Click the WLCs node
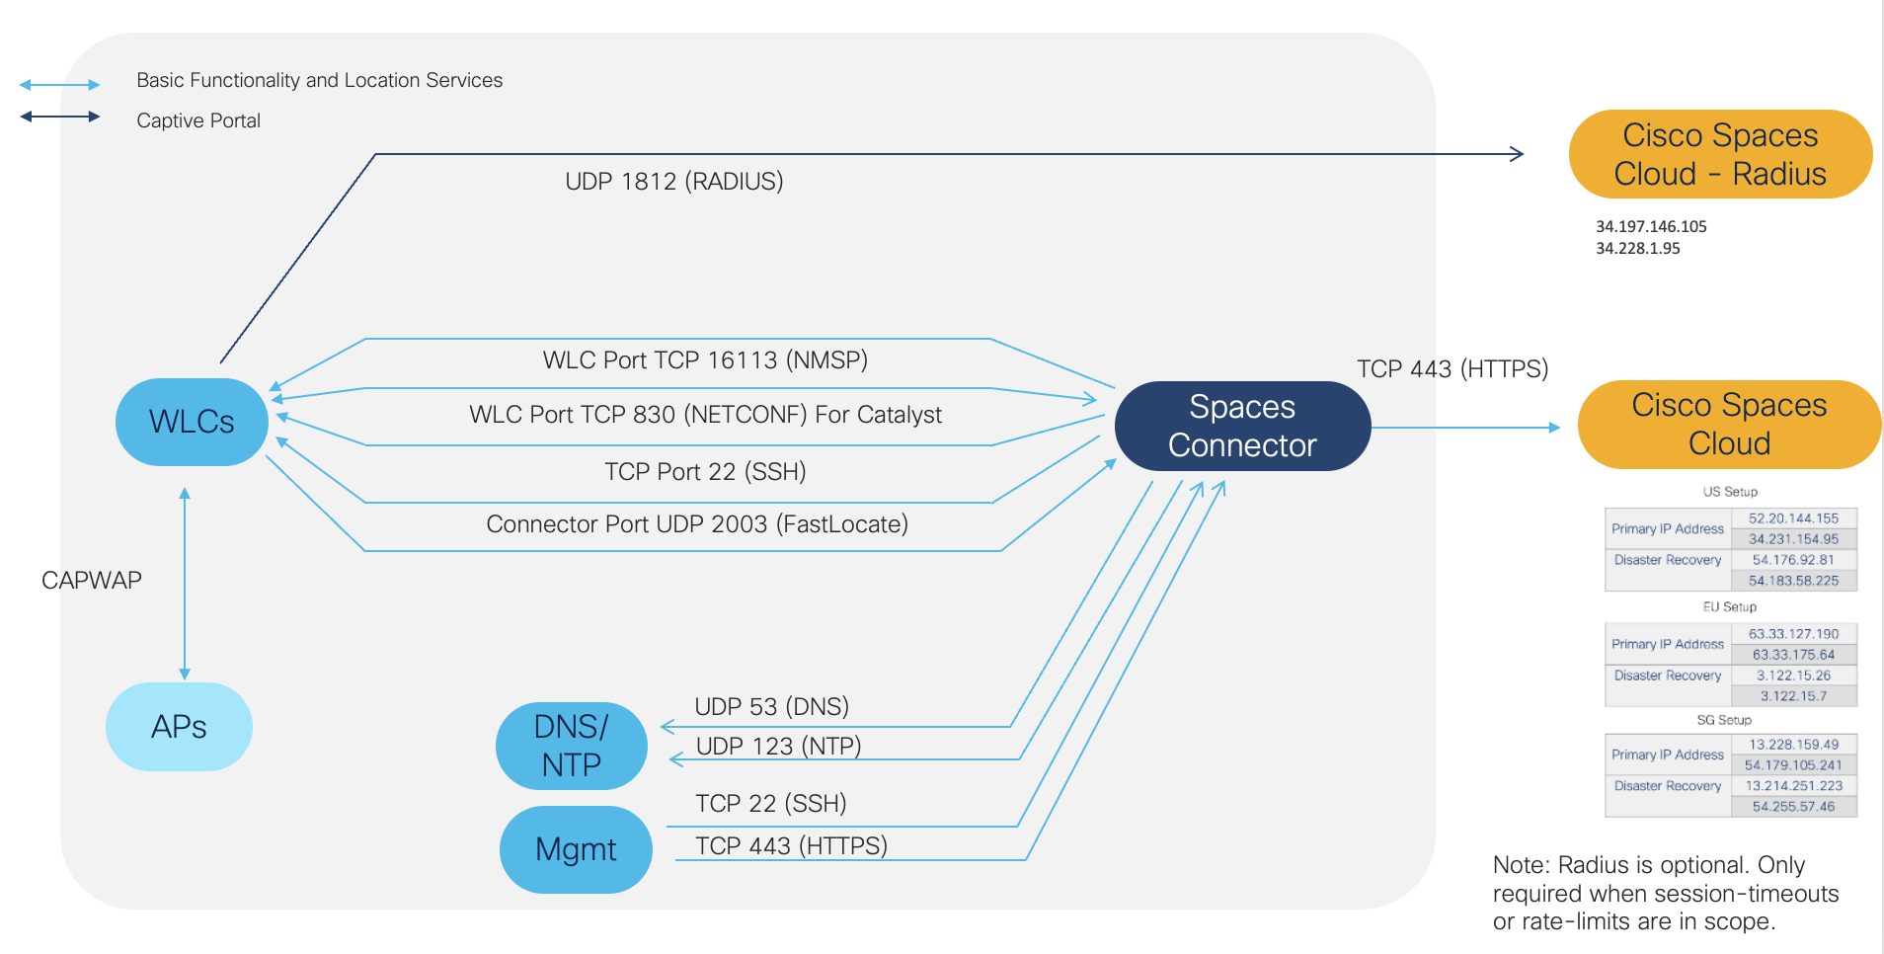pyautogui.click(x=192, y=423)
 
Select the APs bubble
pyautogui.click(x=179, y=727)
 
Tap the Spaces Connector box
pyautogui.click(x=1242, y=427)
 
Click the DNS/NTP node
pyautogui.click(x=571, y=746)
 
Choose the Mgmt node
pyautogui.click(x=576, y=849)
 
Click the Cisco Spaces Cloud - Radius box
pyautogui.click(x=1719, y=155)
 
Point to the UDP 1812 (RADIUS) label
pyautogui.click(x=673, y=182)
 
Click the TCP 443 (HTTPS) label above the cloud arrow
pyautogui.click(x=1452, y=369)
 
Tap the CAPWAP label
pyautogui.click(x=92, y=581)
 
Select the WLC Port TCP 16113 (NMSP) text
pyautogui.click(x=705, y=360)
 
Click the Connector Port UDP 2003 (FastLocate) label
pyautogui.click(x=697, y=524)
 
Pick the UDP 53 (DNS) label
pyautogui.click(x=771, y=707)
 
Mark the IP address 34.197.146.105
pyautogui.click(x=1651, y=227)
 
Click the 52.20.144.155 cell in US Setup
pyautogui.click(x=1793, y=518)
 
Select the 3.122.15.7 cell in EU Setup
pyautogui.click(x=1793, y=696)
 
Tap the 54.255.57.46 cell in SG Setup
pyautogui.click(x=1793, y=807)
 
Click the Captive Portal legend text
pyautogui.click(x=198, y=121)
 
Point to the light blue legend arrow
pyautogui.click(x=59, y=85)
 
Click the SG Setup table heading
pyautogui.click(x=1724, y=720)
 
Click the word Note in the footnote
pyautogui.click(x=1520, y=866)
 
